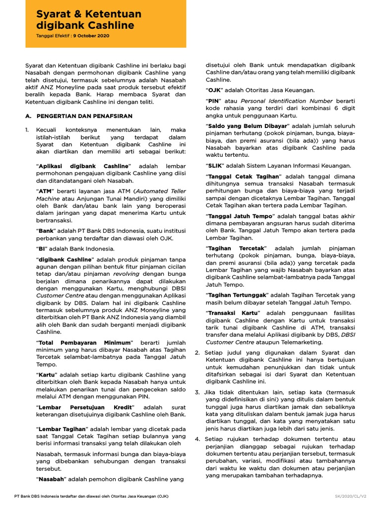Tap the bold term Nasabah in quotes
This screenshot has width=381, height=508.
tap(51, 479)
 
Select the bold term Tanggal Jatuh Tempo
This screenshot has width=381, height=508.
tap(240, 216)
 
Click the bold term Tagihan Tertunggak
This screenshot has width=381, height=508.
tap(238, 295)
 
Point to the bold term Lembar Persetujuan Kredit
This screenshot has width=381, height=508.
tap(74, 407)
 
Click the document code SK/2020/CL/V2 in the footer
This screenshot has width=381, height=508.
tap(350, 497)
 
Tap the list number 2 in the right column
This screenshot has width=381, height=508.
tap(197, 353)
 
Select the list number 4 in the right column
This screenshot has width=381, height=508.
tap(197, 439)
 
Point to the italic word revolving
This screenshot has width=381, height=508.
tap(127, 273)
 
